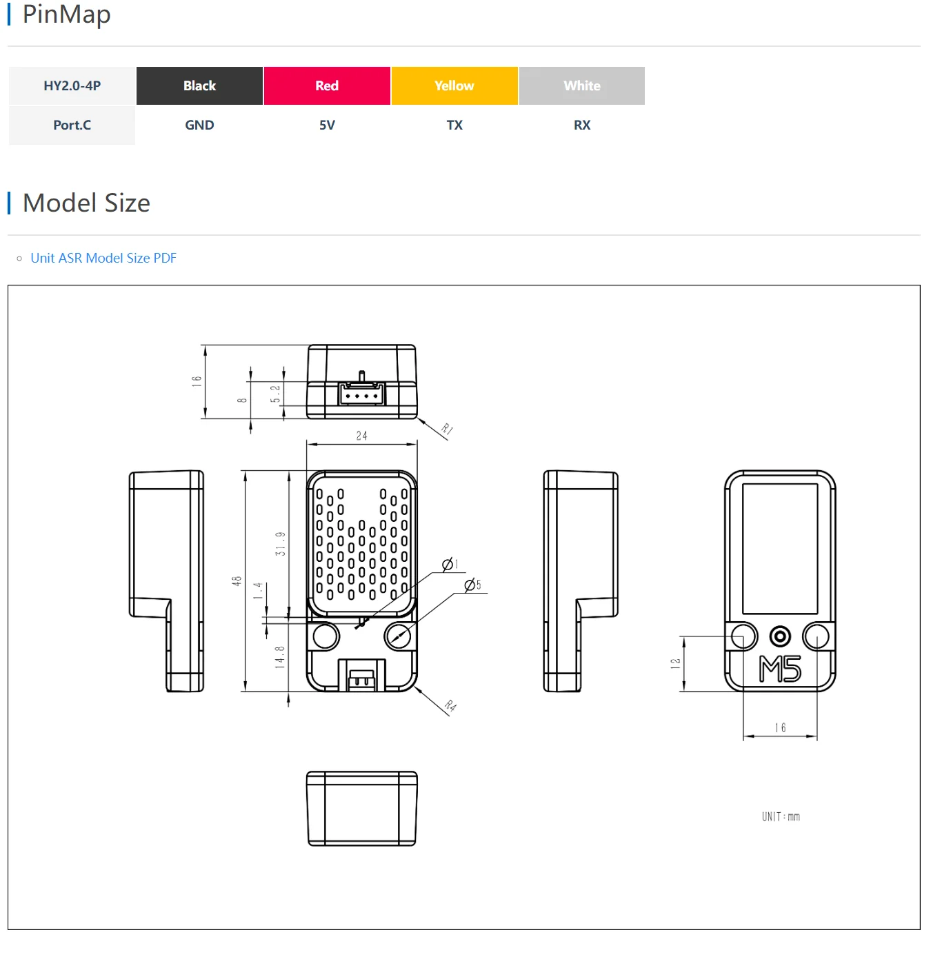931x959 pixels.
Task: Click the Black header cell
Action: [199, 85]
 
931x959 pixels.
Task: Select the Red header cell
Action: [328, 85]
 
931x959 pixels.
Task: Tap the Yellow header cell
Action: [454, 85]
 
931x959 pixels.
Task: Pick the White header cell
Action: [582, 85]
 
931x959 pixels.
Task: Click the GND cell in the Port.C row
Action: [199, 125]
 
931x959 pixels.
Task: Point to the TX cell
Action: [454, 125]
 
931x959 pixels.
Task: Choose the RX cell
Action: [582, 125]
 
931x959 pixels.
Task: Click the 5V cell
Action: [328, 125]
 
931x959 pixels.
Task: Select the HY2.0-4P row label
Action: [72, 85]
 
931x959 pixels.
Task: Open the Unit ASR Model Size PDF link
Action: [103, 259]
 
